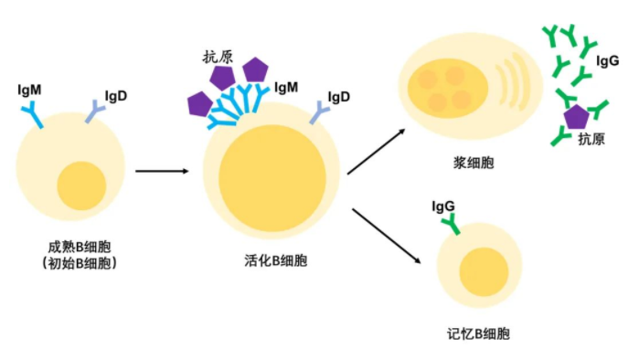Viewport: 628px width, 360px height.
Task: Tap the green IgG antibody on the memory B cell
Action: click(x=448, y=223)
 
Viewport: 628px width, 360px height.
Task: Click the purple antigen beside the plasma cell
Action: click(x=576, y=117)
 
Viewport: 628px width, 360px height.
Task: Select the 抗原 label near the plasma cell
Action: click(x=591, y=139)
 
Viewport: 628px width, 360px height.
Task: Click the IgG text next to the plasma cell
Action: click(x=607, y=62)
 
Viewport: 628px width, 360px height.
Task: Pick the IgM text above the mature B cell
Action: click(x=29, y=90)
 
